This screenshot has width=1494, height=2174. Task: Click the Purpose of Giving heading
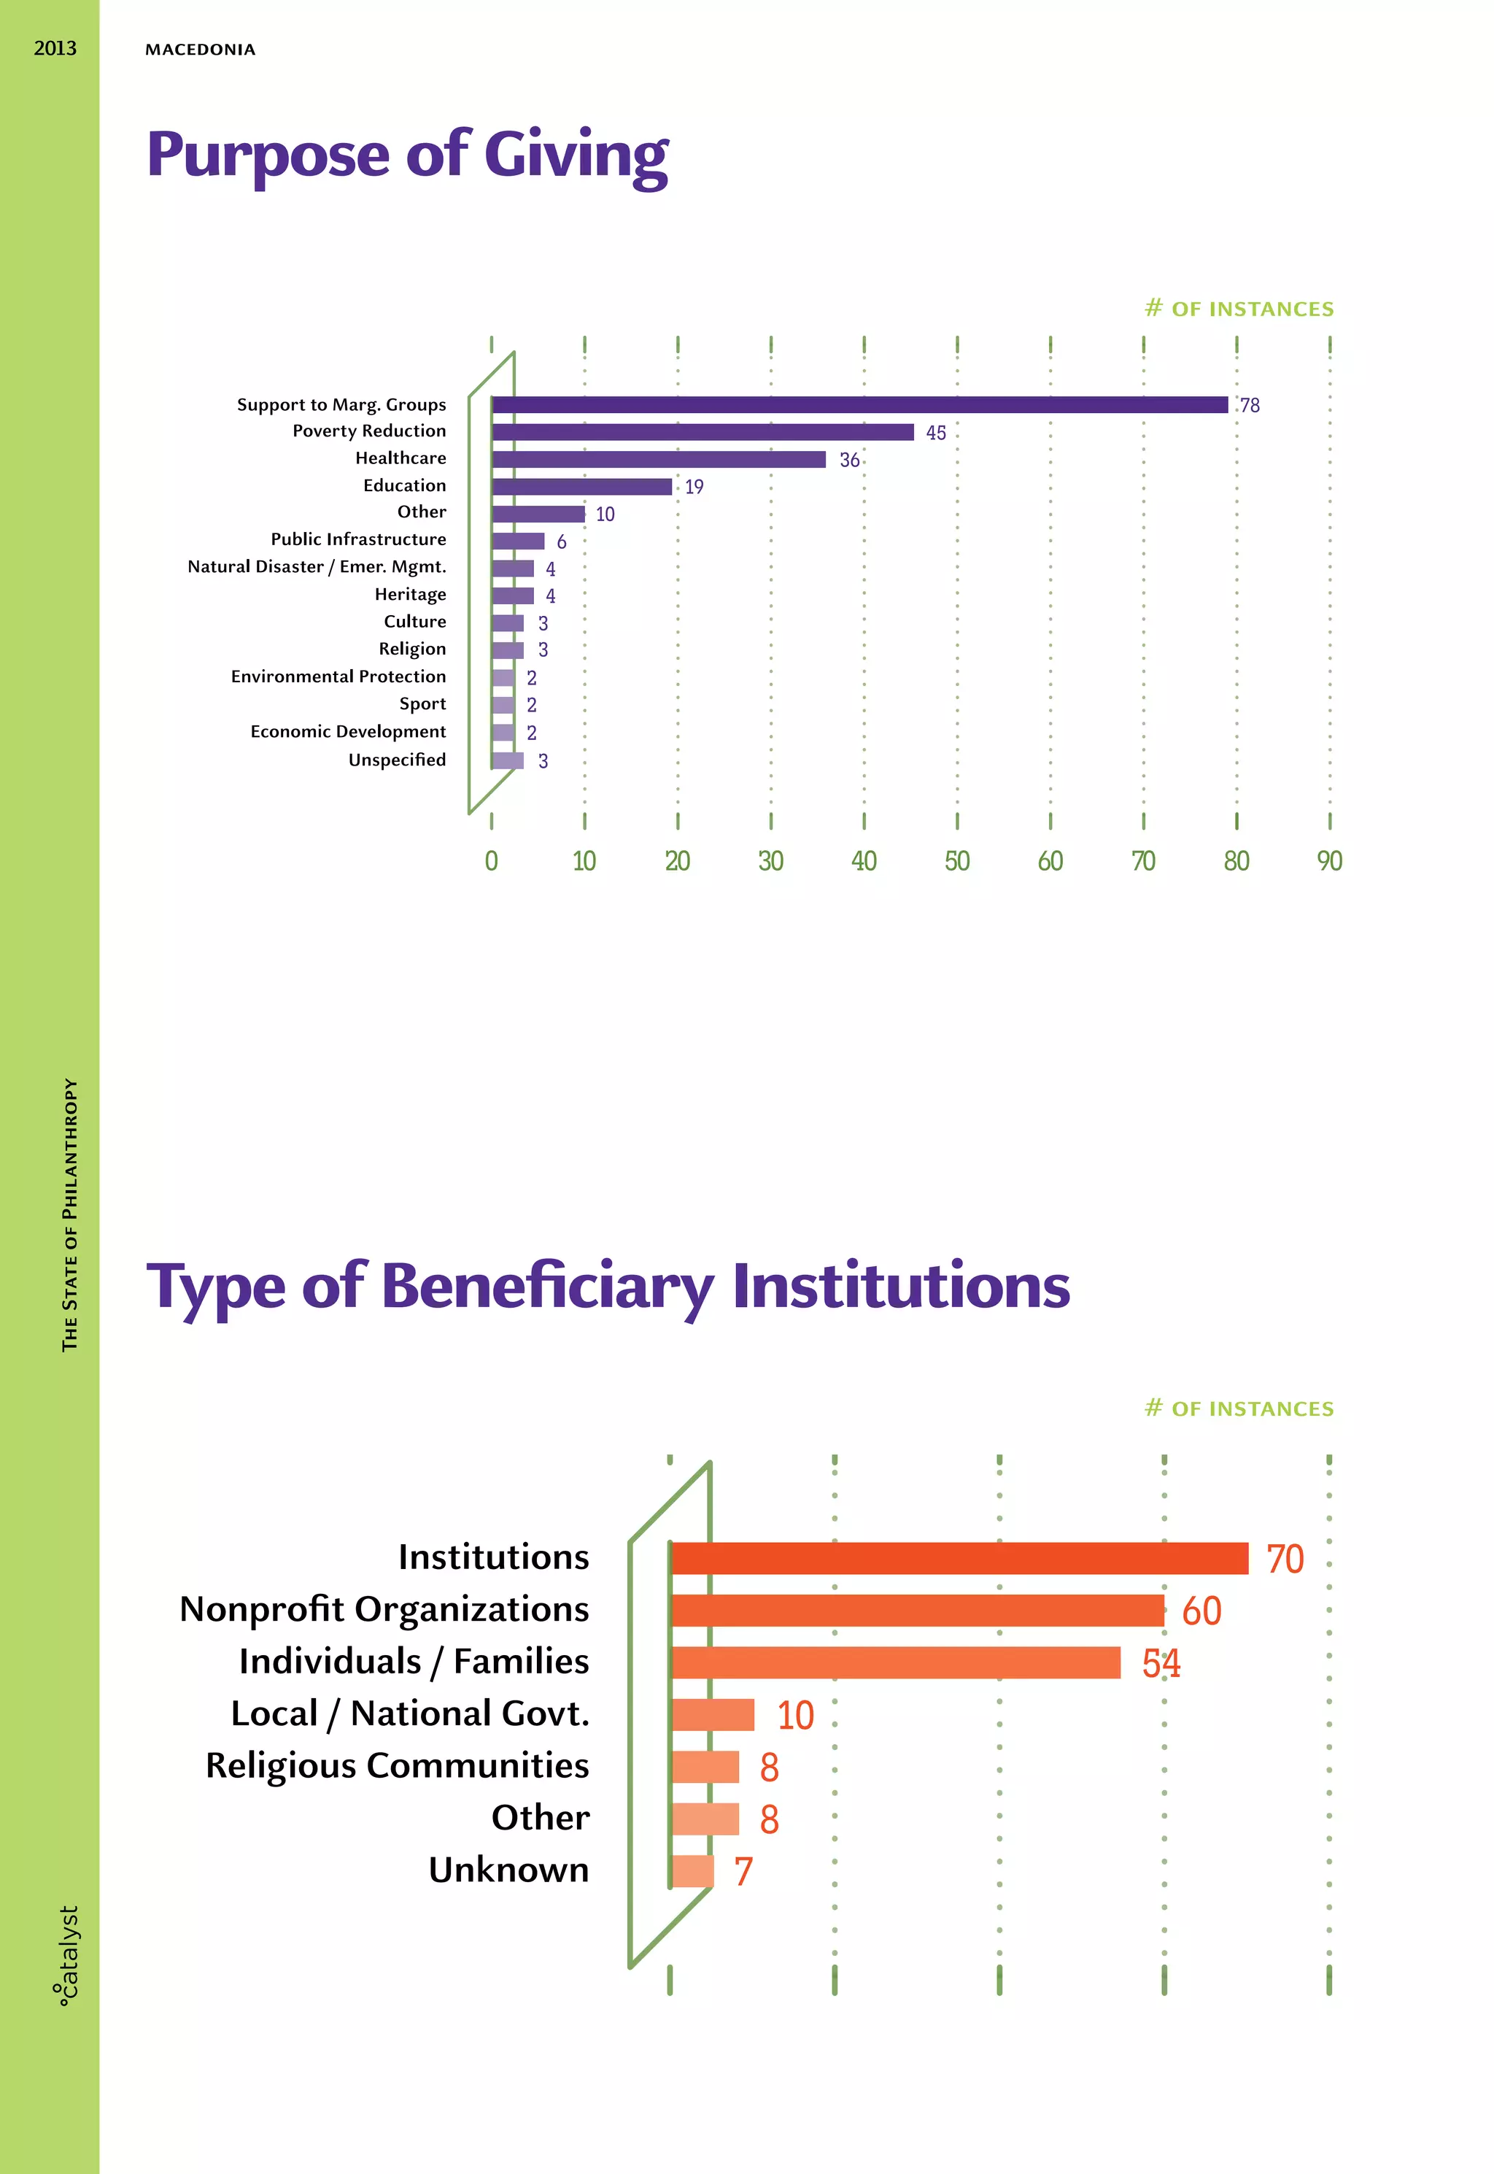point(407,155)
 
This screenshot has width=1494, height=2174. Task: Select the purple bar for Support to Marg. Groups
point(859,404)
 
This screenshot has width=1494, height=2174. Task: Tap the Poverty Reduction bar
point(702,431)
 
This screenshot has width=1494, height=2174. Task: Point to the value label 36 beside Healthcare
point(849,460)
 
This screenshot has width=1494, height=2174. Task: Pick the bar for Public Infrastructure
point(518,541)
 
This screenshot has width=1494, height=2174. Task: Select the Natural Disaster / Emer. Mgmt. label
point(317,566)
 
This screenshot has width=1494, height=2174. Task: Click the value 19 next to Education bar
point(694,487)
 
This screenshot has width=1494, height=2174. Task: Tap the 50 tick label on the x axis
point(956,860)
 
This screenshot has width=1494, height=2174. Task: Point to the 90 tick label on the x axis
point(1329,860)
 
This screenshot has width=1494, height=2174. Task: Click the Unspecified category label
point(397,759)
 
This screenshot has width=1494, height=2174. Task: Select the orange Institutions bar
point(959,1558)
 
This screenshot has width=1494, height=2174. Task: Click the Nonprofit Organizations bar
point(918,1611)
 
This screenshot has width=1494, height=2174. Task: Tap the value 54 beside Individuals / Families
point(1161,1664)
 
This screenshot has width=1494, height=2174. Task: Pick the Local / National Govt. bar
point(713,1714)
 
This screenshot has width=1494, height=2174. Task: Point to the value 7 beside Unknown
point(743,1872)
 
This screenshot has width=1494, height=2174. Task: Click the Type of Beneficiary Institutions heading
point(608,1287)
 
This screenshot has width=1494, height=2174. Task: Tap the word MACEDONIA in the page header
point(201,50)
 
